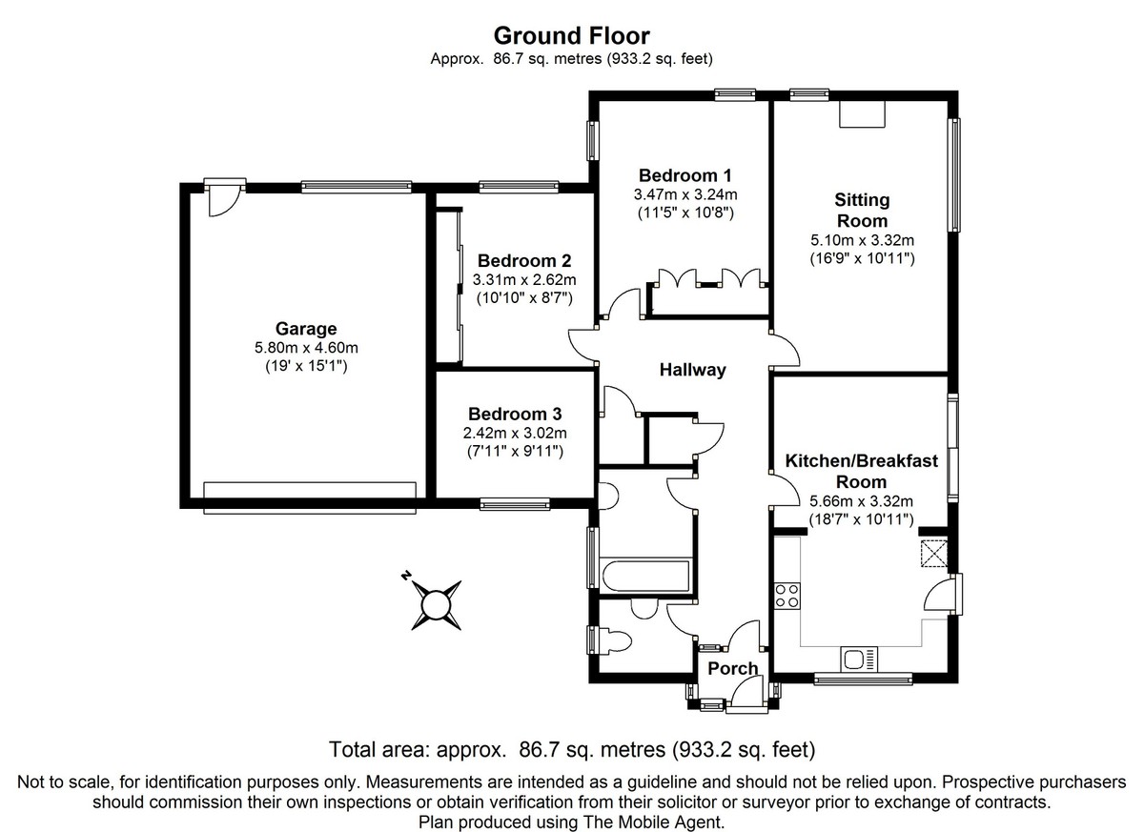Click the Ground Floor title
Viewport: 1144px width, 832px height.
click(571, 36)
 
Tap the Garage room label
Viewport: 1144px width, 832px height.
click(306, 328)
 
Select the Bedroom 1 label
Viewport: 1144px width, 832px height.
click(684, 175)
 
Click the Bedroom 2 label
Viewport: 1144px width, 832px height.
click(524, 261)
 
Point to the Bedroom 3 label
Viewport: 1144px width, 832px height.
click(515, 414)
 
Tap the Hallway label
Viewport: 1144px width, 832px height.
click(692, 370)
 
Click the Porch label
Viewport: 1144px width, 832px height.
click(733, 668)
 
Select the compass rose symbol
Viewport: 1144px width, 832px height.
click(435, 604)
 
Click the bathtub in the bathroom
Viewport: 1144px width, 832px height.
click(645, 577)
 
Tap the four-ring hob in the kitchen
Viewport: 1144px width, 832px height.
click(787, 596)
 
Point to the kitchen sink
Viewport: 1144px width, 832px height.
click(859, 659)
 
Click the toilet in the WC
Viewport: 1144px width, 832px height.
click(615, 640)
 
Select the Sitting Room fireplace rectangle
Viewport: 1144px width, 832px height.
click(862, 113)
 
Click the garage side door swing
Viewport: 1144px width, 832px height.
click(223, 199)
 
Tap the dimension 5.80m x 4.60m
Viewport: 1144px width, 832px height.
click(306, 348)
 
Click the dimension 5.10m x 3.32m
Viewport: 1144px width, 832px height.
click(862, 240)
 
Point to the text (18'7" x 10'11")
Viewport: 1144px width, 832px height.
click(861, 519)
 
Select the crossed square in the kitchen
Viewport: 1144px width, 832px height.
click(934, 553)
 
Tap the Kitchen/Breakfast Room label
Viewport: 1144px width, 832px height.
click(861, 471)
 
